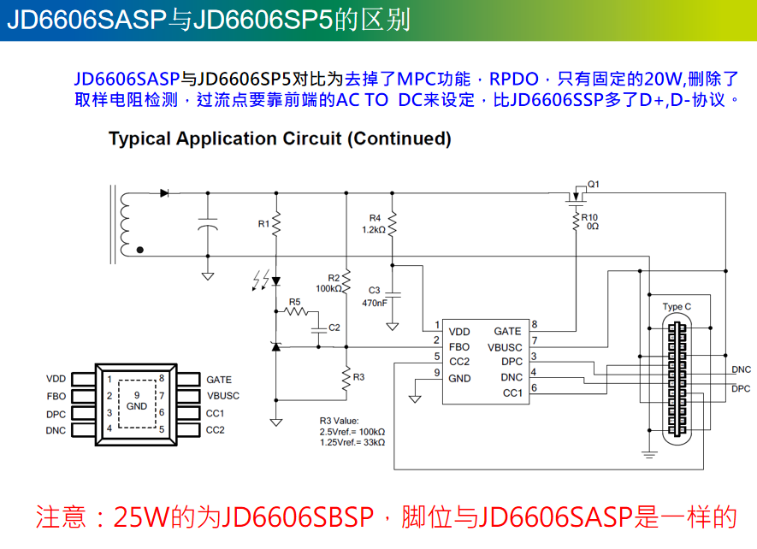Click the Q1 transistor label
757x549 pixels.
coord(594,184)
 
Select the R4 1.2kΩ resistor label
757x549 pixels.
coord(374,223)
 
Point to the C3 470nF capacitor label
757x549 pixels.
coord(374,297)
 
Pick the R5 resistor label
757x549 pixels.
coord(294,301)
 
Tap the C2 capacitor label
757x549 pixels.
coord(334,328)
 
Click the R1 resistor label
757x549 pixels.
coord(263,224)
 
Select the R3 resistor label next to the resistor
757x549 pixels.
coord(358,376)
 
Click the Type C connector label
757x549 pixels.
coord(677,306)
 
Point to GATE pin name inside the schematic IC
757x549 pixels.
coord(507,331)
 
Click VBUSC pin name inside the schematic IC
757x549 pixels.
coord(505,347)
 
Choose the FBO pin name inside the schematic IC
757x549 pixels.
coord(459,347)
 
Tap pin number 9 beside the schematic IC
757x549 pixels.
coord(436,373)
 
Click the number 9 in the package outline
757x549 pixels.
coord(137,394)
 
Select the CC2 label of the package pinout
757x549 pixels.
coord(216,430)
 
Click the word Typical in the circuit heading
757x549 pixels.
coord(139,139)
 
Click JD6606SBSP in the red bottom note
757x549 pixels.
coord(299,517)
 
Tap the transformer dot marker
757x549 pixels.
coord(140,251)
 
